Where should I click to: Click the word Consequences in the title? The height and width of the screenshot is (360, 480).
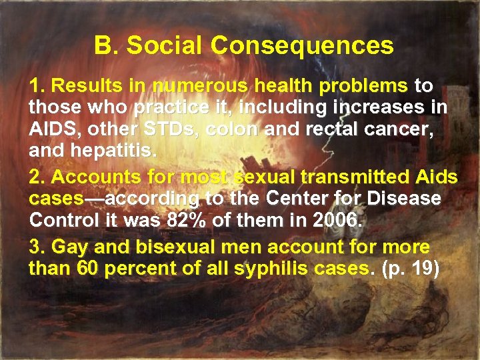tap(302, 45)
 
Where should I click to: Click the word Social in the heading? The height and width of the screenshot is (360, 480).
tap(166, 45)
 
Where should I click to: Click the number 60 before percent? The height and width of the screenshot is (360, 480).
tap(84, 269)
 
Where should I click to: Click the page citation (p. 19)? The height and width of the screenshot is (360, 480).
tap(414, 269)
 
